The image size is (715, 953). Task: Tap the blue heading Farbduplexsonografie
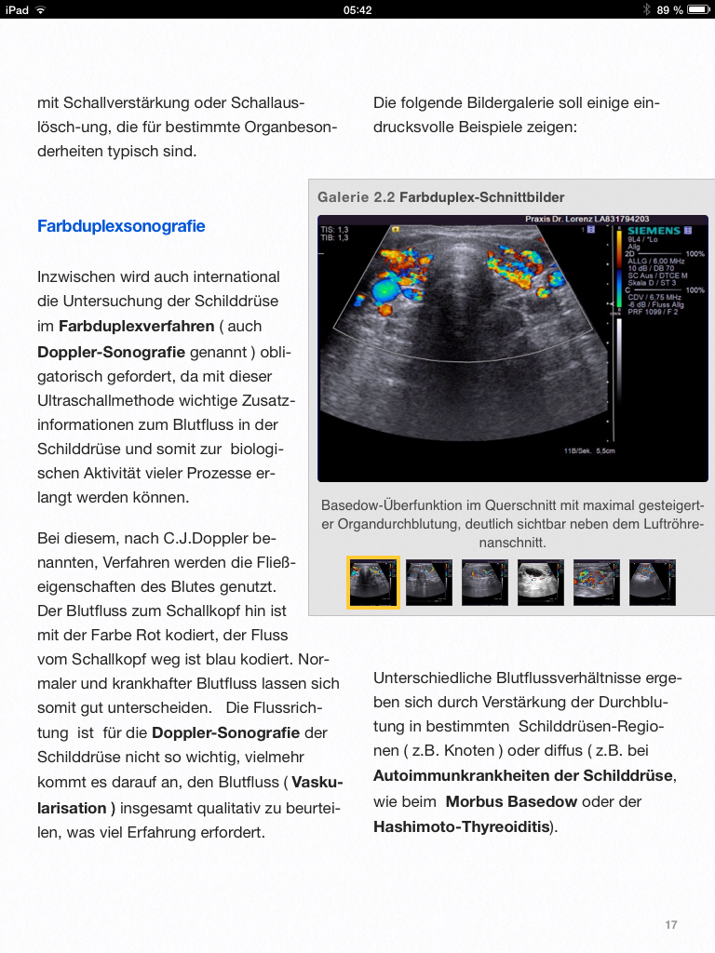(121, 226)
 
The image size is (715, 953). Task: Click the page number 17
(671, 924)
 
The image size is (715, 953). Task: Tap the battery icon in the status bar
(698, 9)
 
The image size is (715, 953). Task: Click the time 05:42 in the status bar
(357, 9)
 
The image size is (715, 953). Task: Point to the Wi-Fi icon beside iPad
(41, 9)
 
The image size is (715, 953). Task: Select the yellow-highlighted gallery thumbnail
(373, 583)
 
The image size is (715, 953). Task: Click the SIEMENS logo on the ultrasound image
(654, 230)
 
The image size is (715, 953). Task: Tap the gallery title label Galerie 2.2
(357, 197)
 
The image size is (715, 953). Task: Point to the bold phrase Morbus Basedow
(511, 801)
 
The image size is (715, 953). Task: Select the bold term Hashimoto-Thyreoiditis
(461, 825)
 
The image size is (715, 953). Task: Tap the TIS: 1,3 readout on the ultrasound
(334, 230)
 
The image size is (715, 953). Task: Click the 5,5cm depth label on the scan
(605, 450)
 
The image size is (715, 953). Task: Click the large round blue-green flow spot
(384, 290)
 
